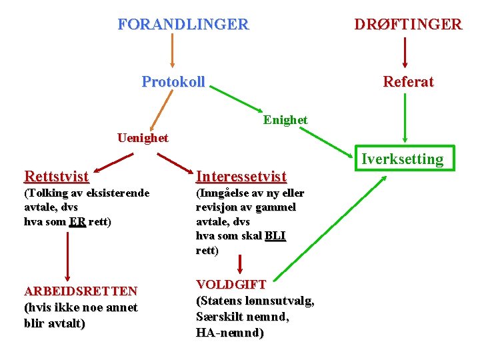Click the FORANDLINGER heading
coord(183,25)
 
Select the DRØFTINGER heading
coord(407,25)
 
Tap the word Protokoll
coord(173,82)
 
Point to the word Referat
coord(408,82)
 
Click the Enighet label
coord(285,120)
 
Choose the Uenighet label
coord(143,138)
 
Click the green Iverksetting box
coord(402,159)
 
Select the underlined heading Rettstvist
coord(56,177)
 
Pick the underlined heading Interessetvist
coord(241,177)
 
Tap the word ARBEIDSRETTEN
coord(81,291)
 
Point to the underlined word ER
coord(77,222)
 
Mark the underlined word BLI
coord(275,236)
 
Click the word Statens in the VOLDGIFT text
coord(223,301)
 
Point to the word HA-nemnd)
coord(230,333)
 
